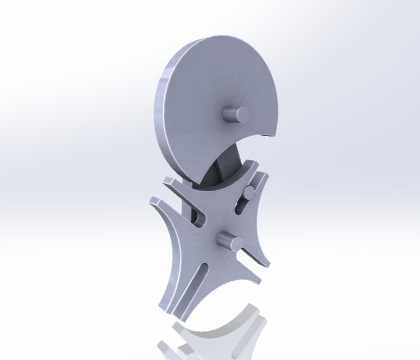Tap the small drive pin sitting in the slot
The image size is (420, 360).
coord(248,193)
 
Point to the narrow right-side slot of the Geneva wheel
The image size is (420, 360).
coord(250,258)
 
